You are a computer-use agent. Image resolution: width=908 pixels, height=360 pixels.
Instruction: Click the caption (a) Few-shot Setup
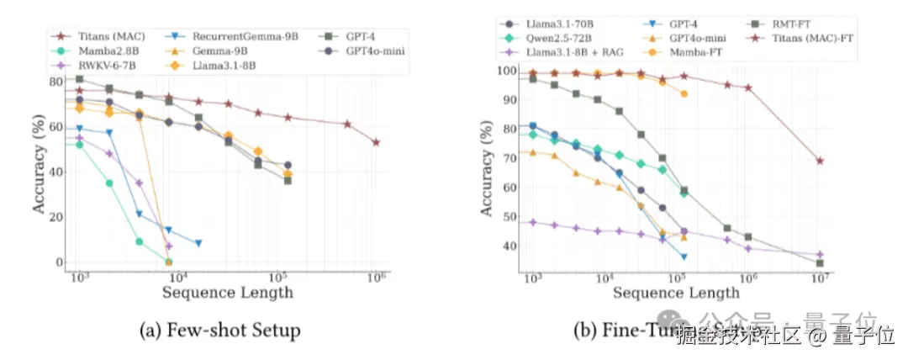[219, 330]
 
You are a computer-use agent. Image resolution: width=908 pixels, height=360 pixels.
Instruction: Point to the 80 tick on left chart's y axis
[56, 82]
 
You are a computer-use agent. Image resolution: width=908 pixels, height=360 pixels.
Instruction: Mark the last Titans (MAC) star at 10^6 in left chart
[376, 142]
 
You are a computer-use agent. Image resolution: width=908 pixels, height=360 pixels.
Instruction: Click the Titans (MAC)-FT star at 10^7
[820, 161]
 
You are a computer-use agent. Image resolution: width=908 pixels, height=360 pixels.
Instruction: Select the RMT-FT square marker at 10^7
[820, 263]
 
